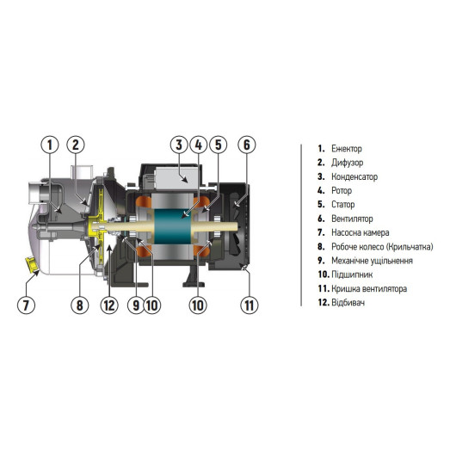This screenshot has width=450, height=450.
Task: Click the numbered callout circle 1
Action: point(52,145)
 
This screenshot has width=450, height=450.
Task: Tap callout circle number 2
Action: point(77,145)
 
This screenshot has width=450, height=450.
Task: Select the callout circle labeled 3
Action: point(178,145)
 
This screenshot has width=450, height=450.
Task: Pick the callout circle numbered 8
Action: point(80,304)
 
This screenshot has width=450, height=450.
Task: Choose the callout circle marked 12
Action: point(108,304)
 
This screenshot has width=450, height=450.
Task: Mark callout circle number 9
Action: point(136,304)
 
